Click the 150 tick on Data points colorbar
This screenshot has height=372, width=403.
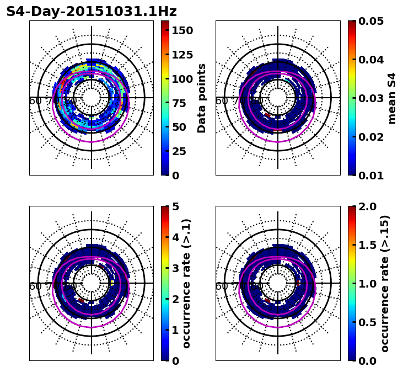182,30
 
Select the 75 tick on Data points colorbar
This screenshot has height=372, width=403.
179,103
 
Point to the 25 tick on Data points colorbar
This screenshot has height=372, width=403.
179,151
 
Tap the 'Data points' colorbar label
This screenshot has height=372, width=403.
202,98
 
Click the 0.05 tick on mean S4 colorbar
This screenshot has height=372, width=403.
371,21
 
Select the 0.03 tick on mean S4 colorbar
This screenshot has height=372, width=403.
371,98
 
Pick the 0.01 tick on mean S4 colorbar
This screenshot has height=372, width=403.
371,176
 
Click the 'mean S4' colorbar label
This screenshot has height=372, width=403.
392,98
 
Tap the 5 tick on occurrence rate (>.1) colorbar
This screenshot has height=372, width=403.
176,206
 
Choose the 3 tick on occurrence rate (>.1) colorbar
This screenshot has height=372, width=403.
176,268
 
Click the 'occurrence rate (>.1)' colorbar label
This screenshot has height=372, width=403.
186,283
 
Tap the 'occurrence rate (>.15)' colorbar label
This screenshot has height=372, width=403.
385,283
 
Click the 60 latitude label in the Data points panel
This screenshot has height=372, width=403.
35,101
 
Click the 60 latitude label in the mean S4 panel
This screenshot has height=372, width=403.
222,101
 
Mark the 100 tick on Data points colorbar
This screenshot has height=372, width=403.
182,78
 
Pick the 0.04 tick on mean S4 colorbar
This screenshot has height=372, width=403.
371,60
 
